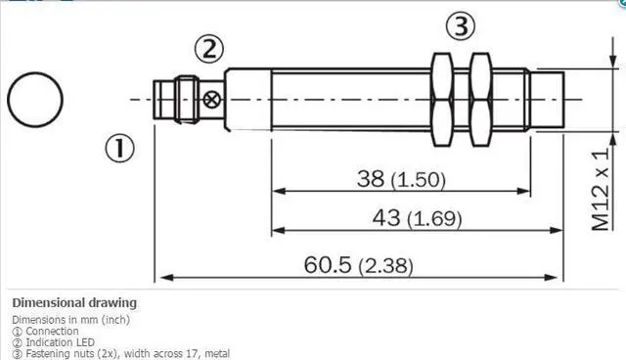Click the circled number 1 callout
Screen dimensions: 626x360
[x=119, y=149]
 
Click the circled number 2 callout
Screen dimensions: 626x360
[x=209, y=49]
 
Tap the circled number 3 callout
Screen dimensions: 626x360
[x=461, y=26]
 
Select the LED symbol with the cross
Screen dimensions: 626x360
[x=211, y=100]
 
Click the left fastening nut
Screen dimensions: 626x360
[x=442, y=100]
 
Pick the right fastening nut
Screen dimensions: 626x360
[x=480, y=100]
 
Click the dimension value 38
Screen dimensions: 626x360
[x=371, y=178]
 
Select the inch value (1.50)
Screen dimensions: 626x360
[x=418, y=180]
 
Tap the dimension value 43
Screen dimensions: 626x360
[x=386, y=217]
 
